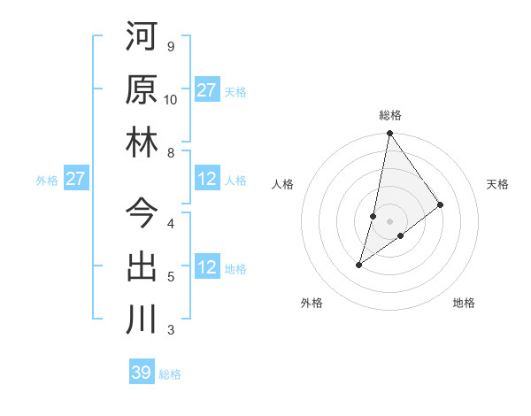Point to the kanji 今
point(142,212)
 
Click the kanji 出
point(142,266)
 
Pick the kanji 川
point(142,319)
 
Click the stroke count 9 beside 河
point(170,47)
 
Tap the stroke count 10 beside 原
point(171,100)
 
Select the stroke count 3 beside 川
point(170,330)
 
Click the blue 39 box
point(142,373)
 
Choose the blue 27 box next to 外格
point(76,180)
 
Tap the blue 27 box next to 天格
point(207,90)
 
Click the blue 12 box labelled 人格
point(207,180)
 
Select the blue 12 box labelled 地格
point(207,268)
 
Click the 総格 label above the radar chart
point(390,115)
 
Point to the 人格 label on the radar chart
point(283,184)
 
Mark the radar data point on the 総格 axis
point(389,134)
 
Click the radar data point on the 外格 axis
point(358,265)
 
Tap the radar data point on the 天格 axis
point(440,205)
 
